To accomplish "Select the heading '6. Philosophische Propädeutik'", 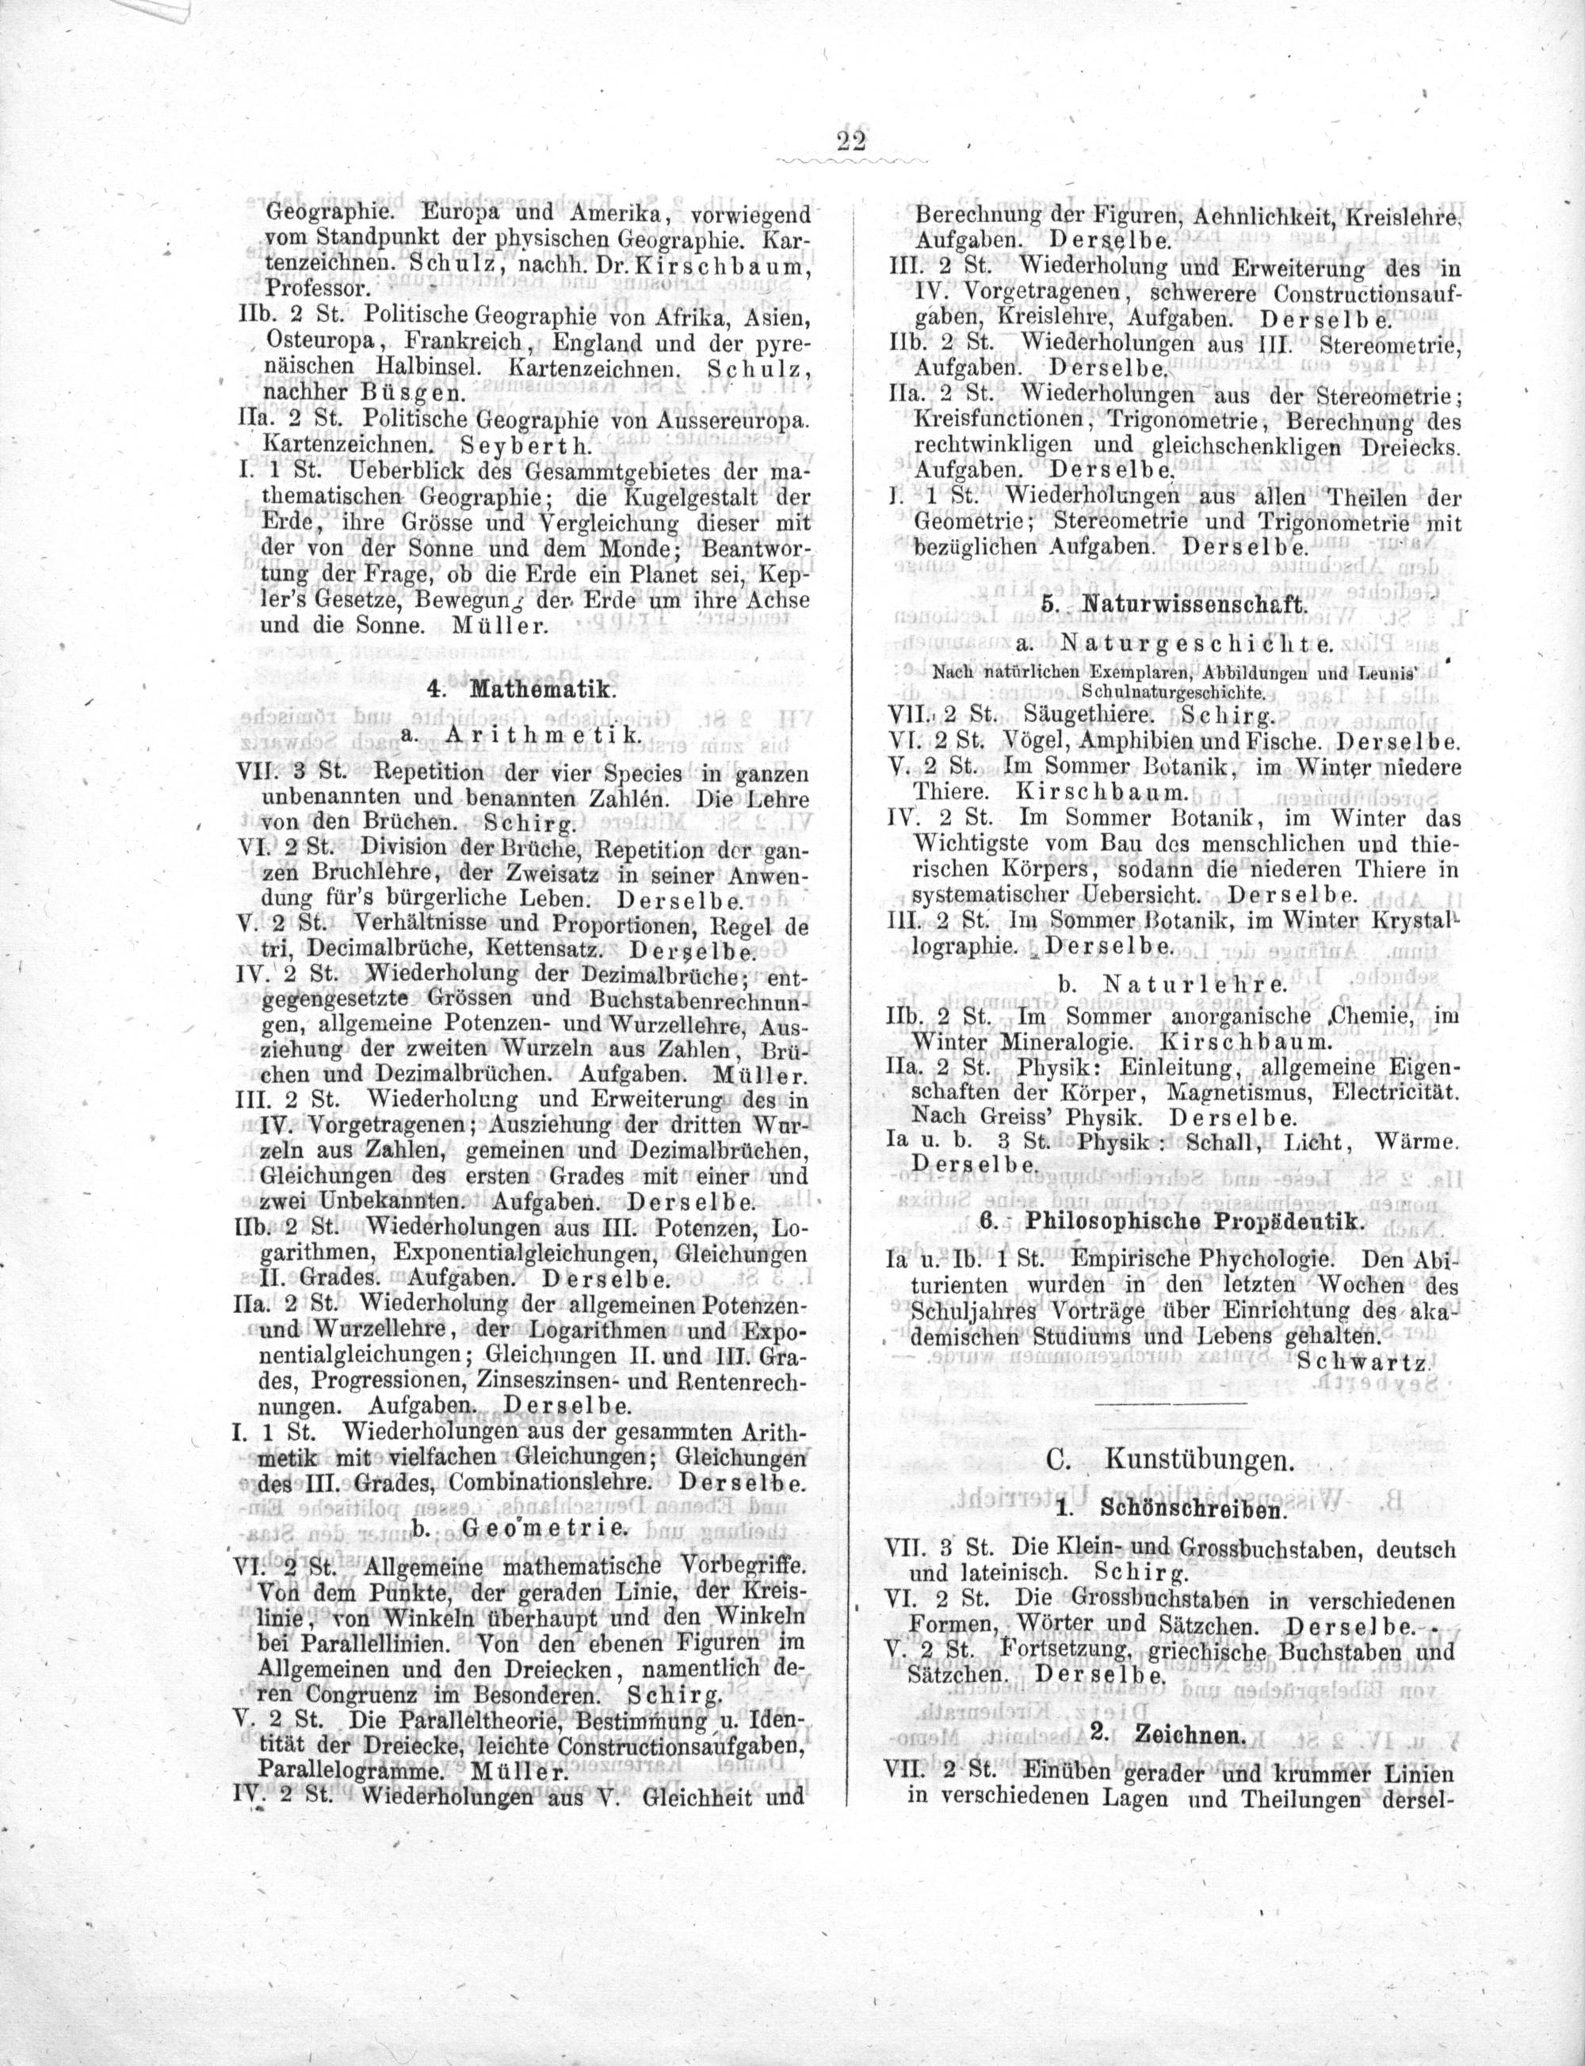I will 1173,1220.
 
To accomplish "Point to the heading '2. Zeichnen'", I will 1169,1735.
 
